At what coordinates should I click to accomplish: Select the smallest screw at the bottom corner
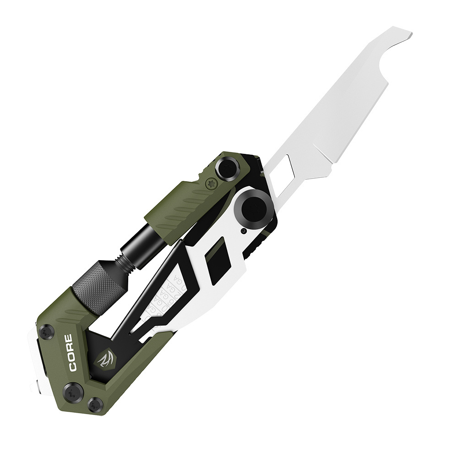(x=95, y=404)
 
